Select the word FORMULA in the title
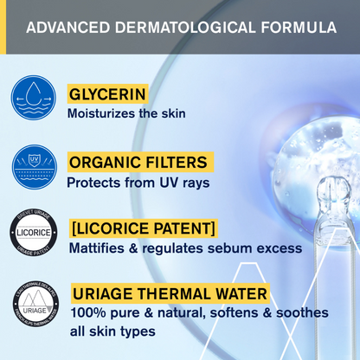click(x=294, y=28)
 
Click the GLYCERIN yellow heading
click(x=107, y=93)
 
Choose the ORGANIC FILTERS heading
click(x=138, y=162)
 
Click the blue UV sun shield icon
click(x=34, y=167)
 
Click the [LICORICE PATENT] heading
click(x=142, y=229)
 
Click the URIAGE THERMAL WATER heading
click(x=169, y=292)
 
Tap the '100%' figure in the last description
click(x=87, y=312)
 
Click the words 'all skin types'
click(x=112, y=331)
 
